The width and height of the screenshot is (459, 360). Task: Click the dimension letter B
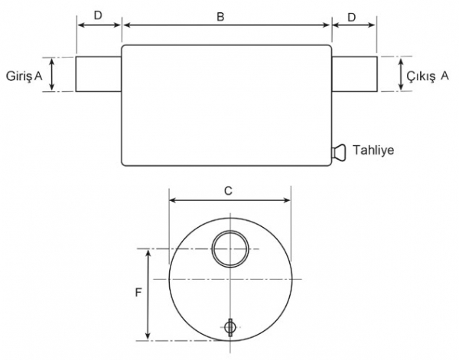coord(220,17)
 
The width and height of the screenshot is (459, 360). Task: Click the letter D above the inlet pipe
coord(98,15)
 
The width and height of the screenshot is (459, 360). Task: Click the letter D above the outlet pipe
coord(352,18)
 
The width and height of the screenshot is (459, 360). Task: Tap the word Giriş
coord(19,76)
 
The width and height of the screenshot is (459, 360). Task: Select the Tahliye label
coord(373,150)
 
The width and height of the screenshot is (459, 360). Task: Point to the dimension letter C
coord(228,191)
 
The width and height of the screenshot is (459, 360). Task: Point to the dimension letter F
coord(138,293)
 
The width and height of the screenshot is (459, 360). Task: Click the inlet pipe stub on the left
coord(99,74)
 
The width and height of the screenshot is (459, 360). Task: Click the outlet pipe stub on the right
coord(354,74)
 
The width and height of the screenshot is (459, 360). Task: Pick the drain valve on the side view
coord(339,152)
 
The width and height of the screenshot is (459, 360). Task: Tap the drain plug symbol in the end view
coord(230,327)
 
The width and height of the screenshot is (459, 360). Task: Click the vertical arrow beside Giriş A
coord(52,74)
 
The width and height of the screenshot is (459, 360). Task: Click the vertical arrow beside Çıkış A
coord(401,74)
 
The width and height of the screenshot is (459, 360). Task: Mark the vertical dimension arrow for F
coord(148,294)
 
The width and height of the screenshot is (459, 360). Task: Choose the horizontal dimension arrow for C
coord(230,200)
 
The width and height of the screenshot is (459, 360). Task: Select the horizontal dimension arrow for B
coord(226,25)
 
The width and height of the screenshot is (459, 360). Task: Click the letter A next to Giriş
coord(38,76)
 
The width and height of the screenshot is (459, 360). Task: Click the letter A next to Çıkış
coord(444,76)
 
